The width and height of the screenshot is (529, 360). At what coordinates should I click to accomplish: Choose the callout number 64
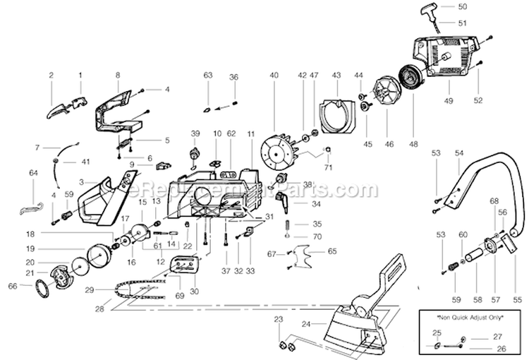click(x=33, y=172)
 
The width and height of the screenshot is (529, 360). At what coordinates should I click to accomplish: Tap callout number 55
click(x=519, y=299)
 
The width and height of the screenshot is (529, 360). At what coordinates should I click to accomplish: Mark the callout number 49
click(x=449, y=102)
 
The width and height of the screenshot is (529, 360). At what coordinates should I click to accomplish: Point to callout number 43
click(x=336, y=75)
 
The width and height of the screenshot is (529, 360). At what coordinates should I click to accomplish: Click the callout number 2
click(x=51, y=74)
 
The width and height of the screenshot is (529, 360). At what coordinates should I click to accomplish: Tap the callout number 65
click(x=333, y=251)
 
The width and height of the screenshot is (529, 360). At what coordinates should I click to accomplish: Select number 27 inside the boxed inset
click(x=499, y=336)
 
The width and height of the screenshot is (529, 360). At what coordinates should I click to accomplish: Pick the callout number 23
click(x=278, y=320)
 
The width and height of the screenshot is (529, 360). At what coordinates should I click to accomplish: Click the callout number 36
click(x=234, y=76)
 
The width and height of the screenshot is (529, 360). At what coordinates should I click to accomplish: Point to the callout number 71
click(x=327, y=167)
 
